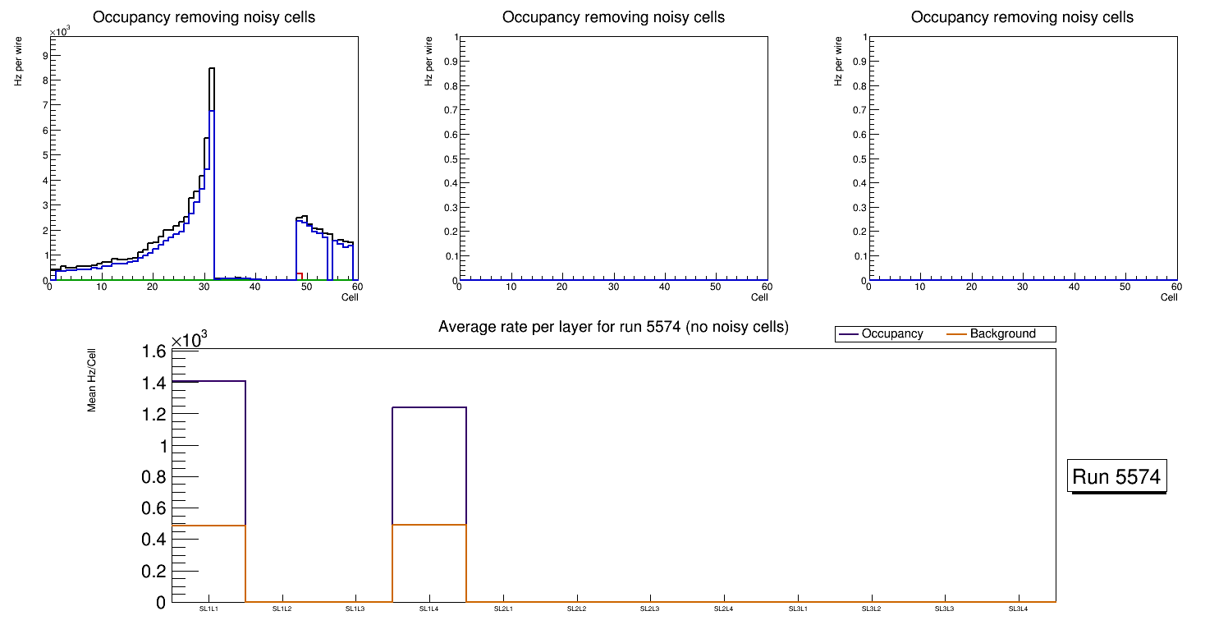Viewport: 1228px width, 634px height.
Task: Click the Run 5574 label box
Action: tap(1118, 476)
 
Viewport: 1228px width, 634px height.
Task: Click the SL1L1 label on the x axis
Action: tap(208, 609)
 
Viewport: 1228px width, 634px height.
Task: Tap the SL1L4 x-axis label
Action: tap(429, 609)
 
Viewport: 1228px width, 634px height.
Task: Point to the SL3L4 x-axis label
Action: tap(1019, 609)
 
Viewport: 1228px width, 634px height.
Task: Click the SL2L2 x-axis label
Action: tap(577, 609)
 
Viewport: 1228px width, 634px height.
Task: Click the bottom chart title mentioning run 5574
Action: tap(613, 327)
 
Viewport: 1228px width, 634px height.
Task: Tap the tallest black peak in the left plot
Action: tap(211, 69)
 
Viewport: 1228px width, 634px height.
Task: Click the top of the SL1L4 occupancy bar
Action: tap(429, 407)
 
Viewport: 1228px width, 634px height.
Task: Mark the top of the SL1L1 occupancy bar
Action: tap(208, 381)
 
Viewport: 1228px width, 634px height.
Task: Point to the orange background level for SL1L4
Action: tap(429, 525)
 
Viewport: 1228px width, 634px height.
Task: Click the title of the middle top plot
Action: tap(613, 17)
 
